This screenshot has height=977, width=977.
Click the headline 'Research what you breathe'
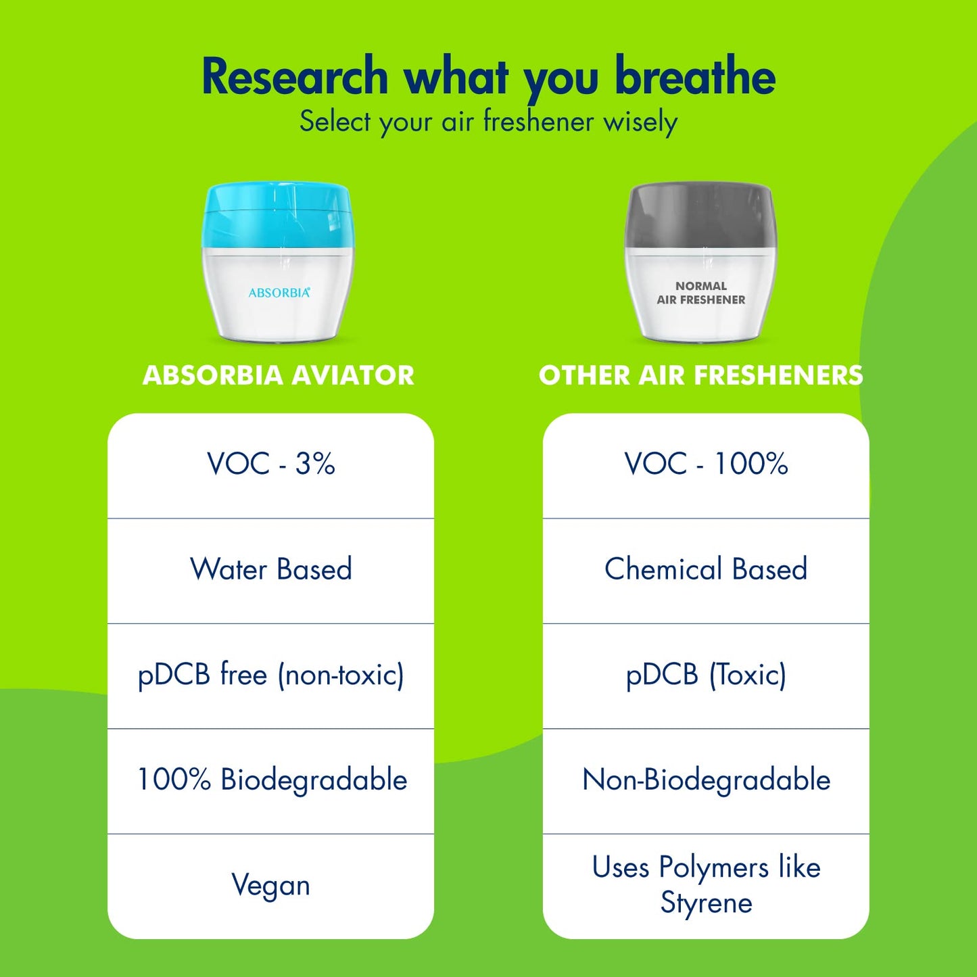coord(488,77)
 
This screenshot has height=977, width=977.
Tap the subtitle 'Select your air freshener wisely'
coord(488,122)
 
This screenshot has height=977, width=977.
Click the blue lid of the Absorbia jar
coord(277,216)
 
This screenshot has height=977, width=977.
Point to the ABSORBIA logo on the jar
coord(279,293)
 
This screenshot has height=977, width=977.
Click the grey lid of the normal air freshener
coord(700,216)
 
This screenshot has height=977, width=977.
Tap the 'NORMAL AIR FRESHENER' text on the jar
coord(700,293)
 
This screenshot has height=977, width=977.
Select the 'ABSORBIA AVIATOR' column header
coord(279,376)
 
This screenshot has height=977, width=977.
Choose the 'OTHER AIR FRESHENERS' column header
coord(700,376)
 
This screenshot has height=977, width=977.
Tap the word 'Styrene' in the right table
coord(707,903)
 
